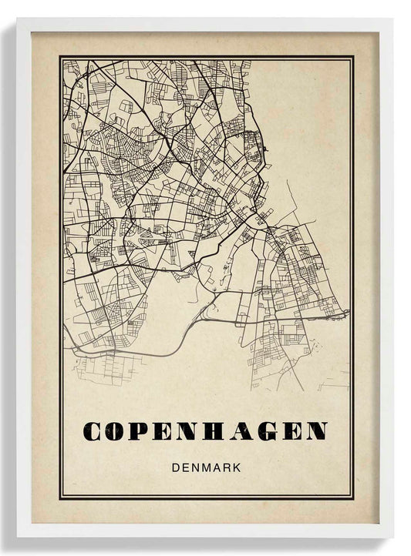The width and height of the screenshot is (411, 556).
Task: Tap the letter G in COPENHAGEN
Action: [267, 431]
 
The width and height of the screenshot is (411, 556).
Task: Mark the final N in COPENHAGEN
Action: [316, 431]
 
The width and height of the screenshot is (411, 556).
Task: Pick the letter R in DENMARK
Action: [227, 467]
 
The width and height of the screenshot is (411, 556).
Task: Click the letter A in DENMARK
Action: [215, 467]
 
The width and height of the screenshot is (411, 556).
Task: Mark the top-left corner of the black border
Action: [59, 56]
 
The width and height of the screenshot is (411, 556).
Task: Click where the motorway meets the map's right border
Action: [349, 313]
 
